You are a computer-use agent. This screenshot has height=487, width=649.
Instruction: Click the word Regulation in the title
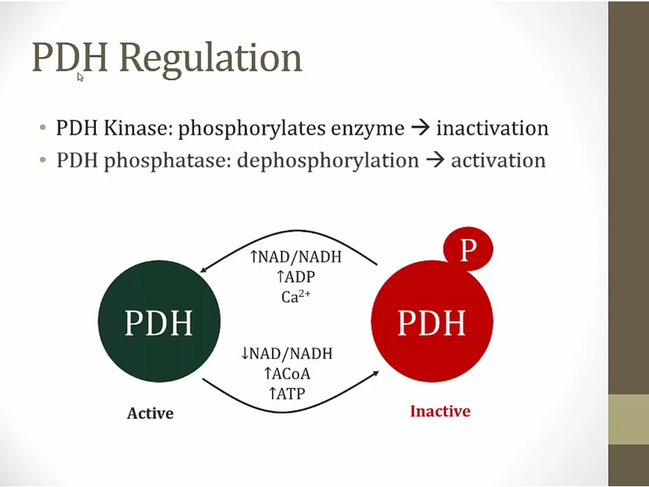click(211, 58)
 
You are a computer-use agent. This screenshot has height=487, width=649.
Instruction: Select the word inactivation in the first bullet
click(492, 128)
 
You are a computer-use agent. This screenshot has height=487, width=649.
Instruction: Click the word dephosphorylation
click(328, 161)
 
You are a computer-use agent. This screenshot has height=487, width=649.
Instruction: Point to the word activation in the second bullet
click(498, 160)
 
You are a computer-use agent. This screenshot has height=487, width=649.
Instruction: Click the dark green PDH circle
click(159, 321)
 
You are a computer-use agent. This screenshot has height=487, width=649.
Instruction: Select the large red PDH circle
click(432, 321)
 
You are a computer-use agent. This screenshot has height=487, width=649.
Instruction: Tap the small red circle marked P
click(468, 249)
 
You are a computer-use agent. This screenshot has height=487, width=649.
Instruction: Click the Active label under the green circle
click(150, 413)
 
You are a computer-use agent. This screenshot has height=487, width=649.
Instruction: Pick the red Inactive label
click(440, 411)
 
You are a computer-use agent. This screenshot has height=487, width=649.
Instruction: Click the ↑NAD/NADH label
click(296, 257)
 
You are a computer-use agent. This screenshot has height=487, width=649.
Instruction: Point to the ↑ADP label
click(296, 276)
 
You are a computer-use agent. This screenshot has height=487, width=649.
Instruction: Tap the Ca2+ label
click(296, 296)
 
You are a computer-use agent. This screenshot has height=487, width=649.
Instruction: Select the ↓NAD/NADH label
click(286, 354)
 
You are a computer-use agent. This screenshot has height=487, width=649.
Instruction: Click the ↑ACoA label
click(287, 374)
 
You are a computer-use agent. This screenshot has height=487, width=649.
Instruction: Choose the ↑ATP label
click(287, 393)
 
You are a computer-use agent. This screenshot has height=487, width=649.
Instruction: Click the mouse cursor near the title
click(80, 77)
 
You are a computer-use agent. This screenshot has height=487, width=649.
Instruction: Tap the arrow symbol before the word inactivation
click(420, 128)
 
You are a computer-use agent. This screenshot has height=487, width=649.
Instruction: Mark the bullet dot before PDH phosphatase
click(43, 160)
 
